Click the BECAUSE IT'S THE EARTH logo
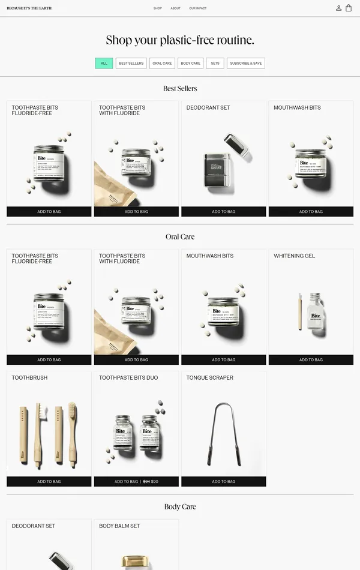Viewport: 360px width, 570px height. click(29, 8)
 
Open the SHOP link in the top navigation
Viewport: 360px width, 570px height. click(157, 8)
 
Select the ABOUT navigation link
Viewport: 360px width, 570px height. click(175, 8)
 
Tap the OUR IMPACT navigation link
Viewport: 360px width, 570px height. click(197, 8)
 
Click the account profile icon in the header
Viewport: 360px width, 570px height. click(338, 8)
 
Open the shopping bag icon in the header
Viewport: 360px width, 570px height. click(349, 8)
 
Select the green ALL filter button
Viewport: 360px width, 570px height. click(104, 63)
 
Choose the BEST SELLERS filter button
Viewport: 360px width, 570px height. click(131, 63)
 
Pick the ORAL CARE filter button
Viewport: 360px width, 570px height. click(162, 63)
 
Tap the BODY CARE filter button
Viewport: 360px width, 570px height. click(190, 63)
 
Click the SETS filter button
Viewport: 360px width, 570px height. click(215, 63)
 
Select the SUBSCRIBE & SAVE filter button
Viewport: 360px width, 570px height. click(245, 63)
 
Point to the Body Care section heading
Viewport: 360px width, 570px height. click(180, 507)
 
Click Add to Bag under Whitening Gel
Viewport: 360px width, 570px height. click(311, 360)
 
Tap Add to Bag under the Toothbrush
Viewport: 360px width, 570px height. click(49, 482)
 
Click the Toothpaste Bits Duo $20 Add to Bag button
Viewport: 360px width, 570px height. click(136, 482)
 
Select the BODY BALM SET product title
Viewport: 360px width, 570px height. click(119, 526)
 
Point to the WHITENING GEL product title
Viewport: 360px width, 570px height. click(294, 256)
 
